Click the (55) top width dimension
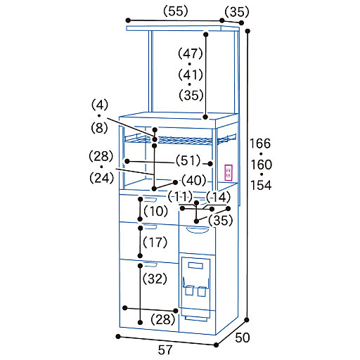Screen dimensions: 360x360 pyautogui.click(x=176, y=11)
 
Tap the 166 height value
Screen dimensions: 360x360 pyautogui.click(x=260, y=143)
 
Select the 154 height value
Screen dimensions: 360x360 pyautogui.click(x=261, y=185)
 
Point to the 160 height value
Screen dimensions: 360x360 pyautogui.click(x=262, y=165)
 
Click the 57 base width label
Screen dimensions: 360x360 pyautogui.click(x=165, y=350)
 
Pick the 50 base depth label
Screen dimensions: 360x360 pyautogui.click(x=243, y=337)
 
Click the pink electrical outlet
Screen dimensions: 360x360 pyautogui.click(x=229, y=173)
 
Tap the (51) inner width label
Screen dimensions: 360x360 pyautogui.click(x=188, y=161)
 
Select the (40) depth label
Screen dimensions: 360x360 pyautogui.click(x=194, y=181)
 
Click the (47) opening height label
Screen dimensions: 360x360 pyautogui.click(x=191, y=53)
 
